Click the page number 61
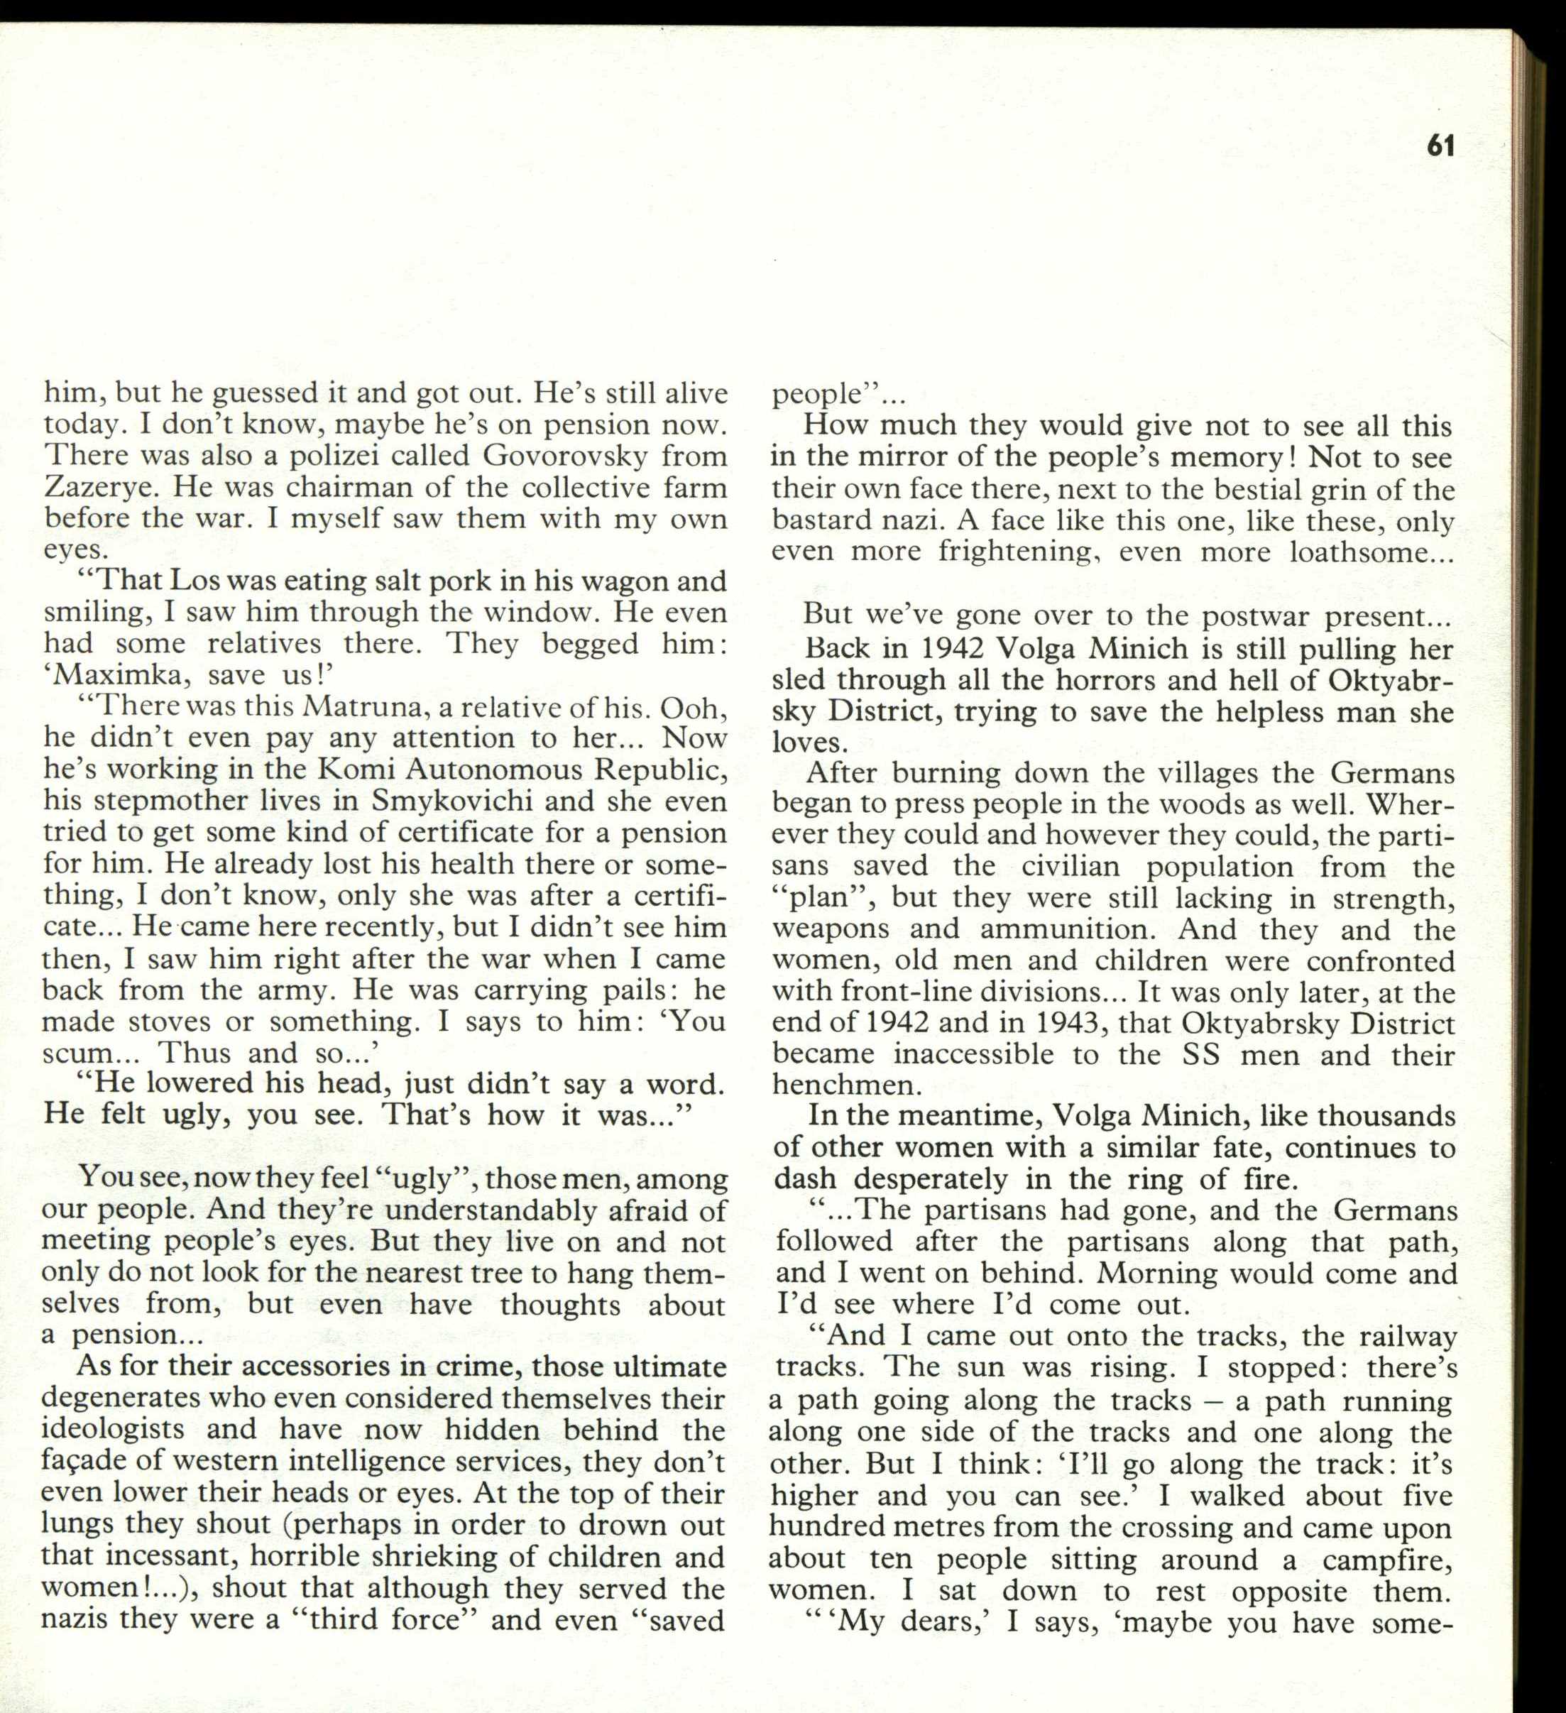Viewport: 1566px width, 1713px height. (x=1441, y=146)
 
